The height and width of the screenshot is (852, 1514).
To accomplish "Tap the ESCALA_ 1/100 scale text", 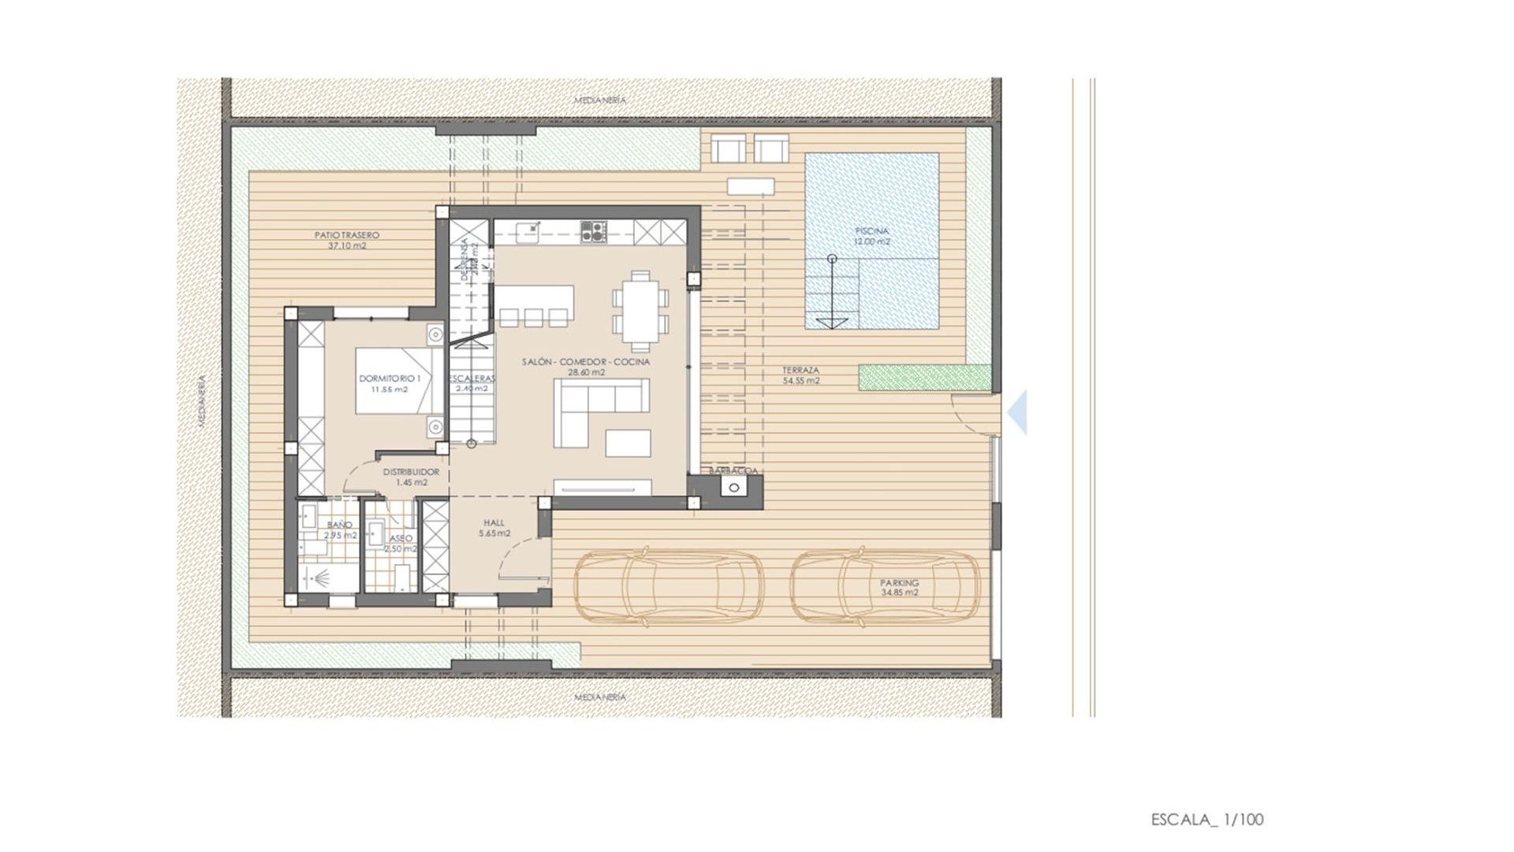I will click(x=1206, y=820).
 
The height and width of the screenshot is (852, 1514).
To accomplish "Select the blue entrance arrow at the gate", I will click(x=1018, y=412).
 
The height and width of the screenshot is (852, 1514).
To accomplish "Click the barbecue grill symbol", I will click(x=734, y=488).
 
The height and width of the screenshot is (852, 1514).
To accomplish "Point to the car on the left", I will click(x=669, y=588).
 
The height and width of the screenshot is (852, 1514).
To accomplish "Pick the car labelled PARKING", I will click(x=885, y=588).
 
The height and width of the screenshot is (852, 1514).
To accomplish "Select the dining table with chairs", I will click(x=640, y=311).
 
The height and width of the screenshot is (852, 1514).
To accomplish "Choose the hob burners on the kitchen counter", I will click(x=594, y=231).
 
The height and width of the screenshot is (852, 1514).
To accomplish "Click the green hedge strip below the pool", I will click(x=924, y=377).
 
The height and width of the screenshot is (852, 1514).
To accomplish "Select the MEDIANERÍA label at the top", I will click(x=600, y=100).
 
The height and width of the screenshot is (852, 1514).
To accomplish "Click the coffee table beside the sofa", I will click(x=628, y=443).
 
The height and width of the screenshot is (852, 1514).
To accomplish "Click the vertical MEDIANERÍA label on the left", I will click(x=202, y=401).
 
